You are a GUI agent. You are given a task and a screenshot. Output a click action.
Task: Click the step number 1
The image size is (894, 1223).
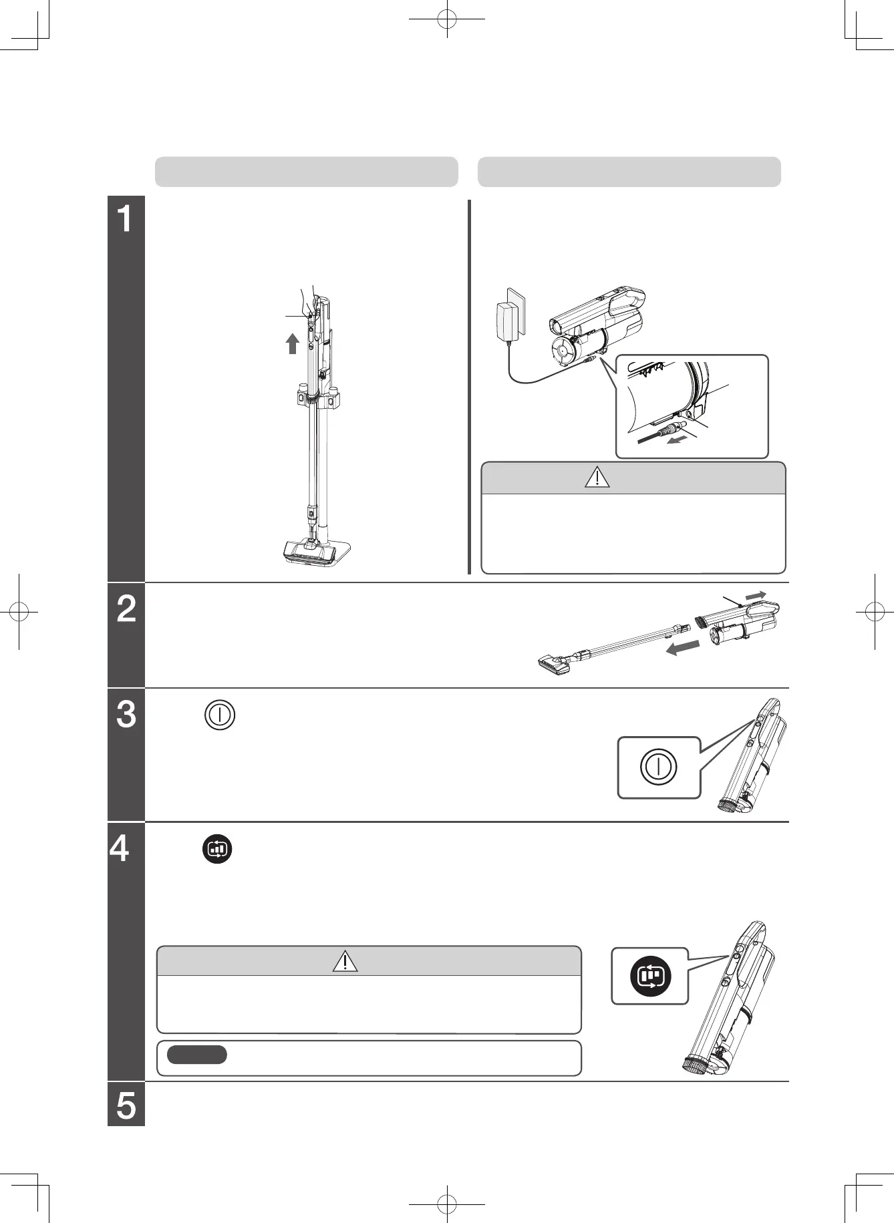coord(126,219)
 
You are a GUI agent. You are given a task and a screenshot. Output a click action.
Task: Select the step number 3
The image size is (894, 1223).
coord(126,714)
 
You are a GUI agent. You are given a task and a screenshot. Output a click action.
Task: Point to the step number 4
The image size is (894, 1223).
coord(120,849)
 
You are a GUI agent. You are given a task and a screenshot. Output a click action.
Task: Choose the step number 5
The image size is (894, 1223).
coord(126,1105)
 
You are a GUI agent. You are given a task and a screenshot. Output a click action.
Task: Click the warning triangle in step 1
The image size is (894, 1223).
coord(597,478)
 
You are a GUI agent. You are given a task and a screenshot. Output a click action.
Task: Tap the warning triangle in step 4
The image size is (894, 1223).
coord(344,960)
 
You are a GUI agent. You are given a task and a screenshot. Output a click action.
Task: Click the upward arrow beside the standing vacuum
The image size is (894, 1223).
coord(291,343)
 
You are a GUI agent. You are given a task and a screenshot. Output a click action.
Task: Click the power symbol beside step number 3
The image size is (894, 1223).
coord(220,714)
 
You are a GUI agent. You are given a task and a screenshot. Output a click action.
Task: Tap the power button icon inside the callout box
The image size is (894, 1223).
coord(659,767)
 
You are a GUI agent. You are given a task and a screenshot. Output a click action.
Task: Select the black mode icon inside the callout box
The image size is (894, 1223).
coord(650,975)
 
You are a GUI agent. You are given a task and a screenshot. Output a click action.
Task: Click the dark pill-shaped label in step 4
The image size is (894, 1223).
coord(197,1055)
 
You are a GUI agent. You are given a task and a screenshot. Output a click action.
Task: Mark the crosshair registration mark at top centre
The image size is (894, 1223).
coord(446,20)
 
